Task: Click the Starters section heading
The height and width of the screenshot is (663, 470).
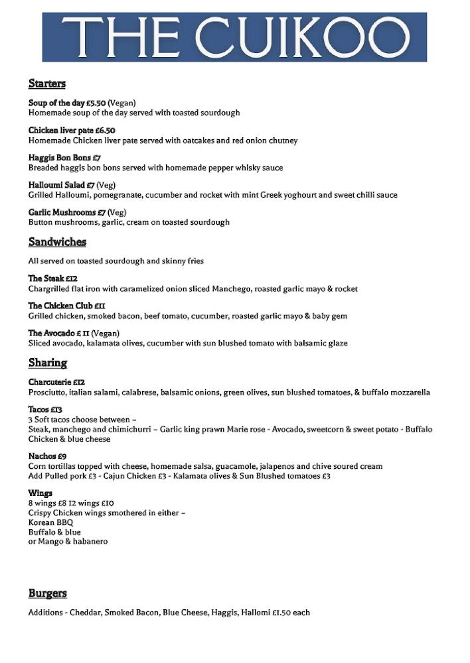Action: [47, 84]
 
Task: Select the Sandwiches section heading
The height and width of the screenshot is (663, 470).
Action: [57, 242]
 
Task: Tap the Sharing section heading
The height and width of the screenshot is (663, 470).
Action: [48, 363]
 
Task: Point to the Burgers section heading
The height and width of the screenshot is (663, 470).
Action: [48, 593]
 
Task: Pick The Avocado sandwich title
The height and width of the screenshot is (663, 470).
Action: [50, 333]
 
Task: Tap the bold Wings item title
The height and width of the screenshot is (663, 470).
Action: [40, 493]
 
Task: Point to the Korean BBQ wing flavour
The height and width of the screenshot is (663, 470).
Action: [51, 522]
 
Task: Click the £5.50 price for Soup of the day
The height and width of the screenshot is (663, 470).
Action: [96, 103]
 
